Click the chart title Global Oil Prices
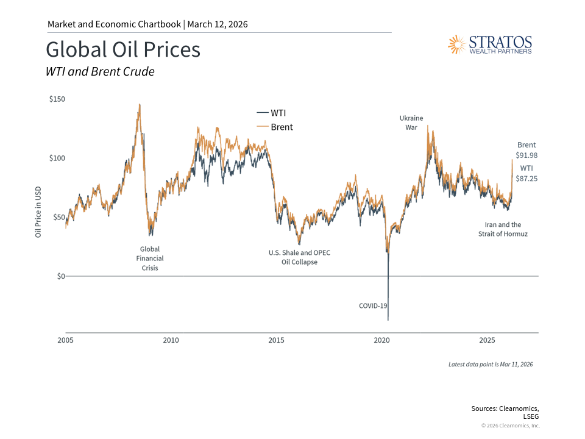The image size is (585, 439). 123,49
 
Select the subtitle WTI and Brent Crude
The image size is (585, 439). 100,71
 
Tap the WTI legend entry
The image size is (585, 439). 272,113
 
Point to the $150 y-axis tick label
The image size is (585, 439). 57,99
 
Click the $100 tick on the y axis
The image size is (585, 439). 57,158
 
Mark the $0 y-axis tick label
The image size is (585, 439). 60,276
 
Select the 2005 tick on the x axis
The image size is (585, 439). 65,340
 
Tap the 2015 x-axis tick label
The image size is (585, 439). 276,340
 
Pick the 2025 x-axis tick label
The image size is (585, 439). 487,340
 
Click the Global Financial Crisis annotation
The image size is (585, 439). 150,259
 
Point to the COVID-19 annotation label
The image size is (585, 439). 373,305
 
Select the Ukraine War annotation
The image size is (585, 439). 411,123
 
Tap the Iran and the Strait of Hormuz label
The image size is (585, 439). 503,229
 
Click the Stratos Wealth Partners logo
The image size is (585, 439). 490,45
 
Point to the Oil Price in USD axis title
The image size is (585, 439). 38,212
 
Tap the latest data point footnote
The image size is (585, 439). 491,364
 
